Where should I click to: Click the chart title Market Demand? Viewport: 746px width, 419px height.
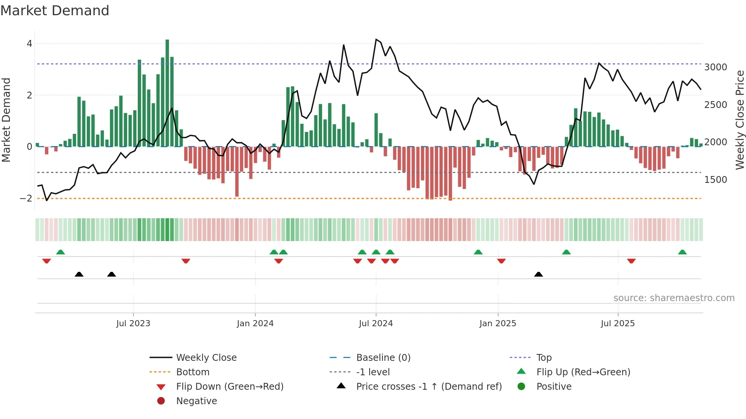coord(55,11)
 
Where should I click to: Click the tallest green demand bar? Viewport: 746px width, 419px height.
coord(167,93)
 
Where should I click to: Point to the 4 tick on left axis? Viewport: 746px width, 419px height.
coord(29,44)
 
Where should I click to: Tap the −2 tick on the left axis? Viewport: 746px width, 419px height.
coord(26,198)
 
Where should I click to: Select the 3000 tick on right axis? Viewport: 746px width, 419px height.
coord(716,67)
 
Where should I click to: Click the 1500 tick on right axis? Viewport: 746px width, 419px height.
coord(716,180)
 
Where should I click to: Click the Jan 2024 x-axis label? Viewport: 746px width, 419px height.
coord(255,324)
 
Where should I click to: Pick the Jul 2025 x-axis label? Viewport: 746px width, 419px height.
coord(618,324)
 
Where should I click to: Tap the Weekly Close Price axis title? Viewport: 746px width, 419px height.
coord(740,120)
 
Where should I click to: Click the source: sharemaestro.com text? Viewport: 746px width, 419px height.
coord(674,298)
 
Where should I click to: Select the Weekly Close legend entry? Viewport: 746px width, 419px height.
coord(206,358)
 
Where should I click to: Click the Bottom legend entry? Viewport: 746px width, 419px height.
coord(193,372)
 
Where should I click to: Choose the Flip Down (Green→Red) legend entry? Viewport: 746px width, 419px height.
coord(230,387)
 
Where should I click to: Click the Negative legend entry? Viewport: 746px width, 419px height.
coord(196,401)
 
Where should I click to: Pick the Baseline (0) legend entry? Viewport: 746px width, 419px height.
coord(383,358)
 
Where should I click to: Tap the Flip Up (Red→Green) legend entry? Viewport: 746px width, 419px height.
coord(583,372)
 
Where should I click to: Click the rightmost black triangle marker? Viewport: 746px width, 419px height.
coord(539,274)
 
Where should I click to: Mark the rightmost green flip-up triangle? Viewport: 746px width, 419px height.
coord(682,252)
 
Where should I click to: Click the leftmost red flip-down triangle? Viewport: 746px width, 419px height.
coord(46,261)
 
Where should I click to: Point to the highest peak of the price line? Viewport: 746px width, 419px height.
coord(376,39)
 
